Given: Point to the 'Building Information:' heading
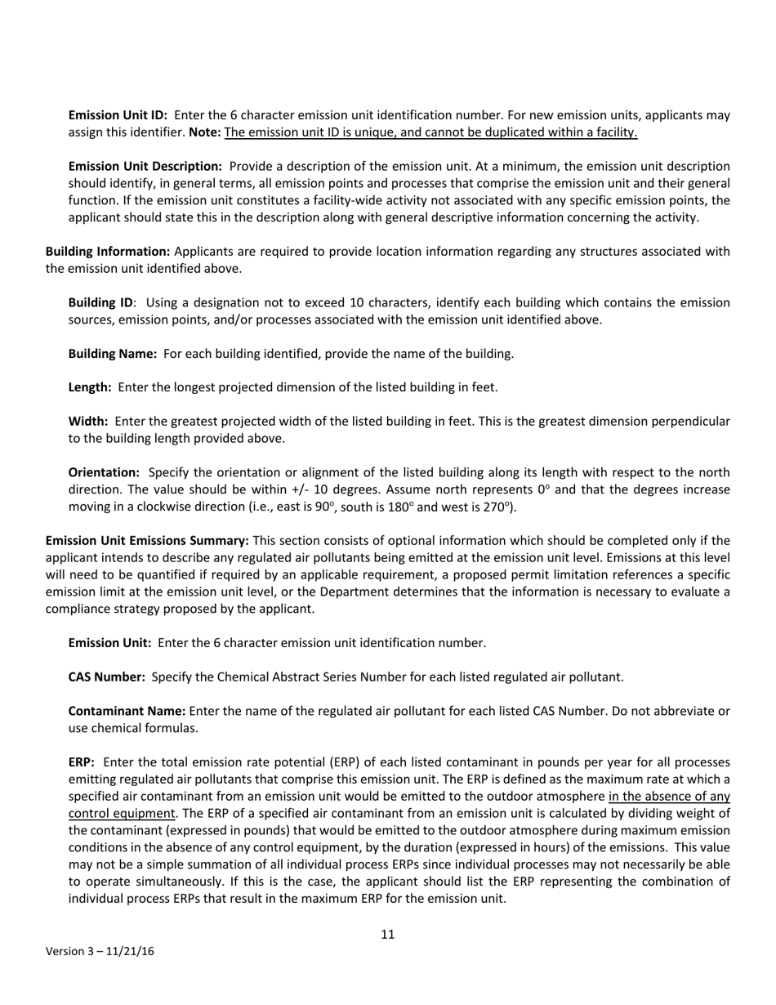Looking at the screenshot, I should [108, 252].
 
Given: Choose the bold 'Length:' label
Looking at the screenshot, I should [90, 387].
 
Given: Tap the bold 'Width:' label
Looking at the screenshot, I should [88, 422].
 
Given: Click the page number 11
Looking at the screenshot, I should [387, 935].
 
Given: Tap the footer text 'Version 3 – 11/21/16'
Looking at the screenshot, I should [100, 952].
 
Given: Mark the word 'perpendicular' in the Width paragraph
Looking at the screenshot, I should [690, 422].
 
